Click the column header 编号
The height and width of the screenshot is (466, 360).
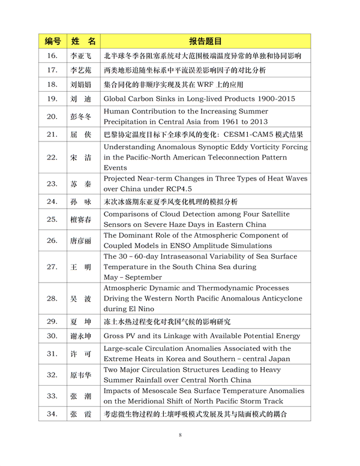point(52,41)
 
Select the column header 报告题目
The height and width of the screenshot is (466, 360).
point(205,41)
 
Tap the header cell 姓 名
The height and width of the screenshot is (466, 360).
point(83,41)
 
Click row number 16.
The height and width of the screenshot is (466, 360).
point(52,56)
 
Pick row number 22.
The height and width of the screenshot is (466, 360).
point(52,158)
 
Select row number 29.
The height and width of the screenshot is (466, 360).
point(52,321)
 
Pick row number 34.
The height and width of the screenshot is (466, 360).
point(52,414)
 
